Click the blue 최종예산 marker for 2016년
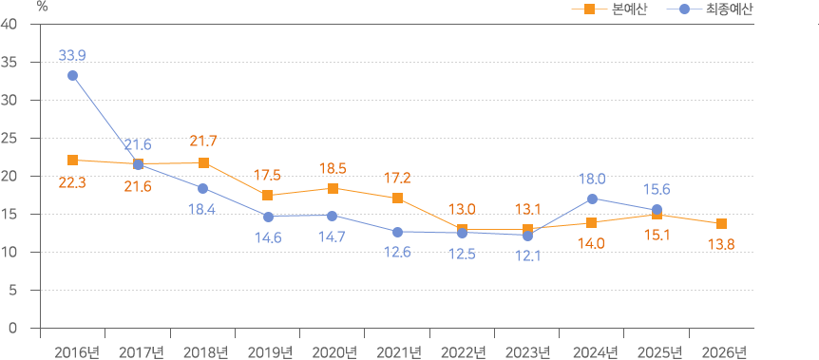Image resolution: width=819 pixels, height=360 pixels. tap(73, 75)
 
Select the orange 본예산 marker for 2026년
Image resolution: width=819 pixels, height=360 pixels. tap(721, 223)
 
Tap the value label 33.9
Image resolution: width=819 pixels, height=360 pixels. tap(72, 55)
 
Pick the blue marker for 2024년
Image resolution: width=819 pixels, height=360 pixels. tap(592, 199)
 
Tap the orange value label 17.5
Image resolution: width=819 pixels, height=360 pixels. tap(267, 175)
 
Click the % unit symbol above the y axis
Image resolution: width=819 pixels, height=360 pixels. tap(42, 6)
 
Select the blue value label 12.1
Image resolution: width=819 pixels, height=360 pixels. tap(526, 256)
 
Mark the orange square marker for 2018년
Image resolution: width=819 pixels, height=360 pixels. tap(203, 162)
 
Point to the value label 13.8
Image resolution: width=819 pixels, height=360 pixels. tap(721, 244)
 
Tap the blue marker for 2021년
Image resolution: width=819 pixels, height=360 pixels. tap(397, 232)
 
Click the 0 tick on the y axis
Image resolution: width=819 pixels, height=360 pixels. tap(13, 328)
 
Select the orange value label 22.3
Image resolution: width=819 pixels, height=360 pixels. tap(72, 181)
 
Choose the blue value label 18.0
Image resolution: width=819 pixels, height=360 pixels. tap(592, 178)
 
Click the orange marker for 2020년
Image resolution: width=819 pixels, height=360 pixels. tap(333, 188)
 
